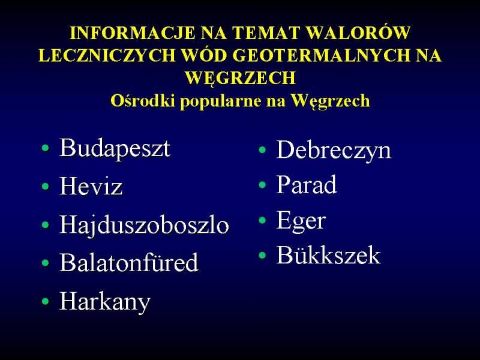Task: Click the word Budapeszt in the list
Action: coord(115,149)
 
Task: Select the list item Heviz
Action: coord(91,186)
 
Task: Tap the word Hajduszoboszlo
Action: coord(144,225)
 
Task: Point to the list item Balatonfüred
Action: coord(129,262)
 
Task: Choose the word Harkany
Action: coord(104,302)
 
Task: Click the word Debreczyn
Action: coord(334,150)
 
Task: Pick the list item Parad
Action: coord(307,184)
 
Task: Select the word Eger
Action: coord(301,221)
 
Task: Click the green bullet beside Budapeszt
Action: coord(46,148)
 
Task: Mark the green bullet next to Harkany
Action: coord(46,301)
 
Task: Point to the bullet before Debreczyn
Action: coord(262,149)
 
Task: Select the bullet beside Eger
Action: coord(262,220)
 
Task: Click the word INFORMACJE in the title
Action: coord(133,33)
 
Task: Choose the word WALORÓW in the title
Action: coord(358,33)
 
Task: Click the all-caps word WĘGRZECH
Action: coord(241,78)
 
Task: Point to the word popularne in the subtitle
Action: coord(220,101)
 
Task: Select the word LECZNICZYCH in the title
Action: coord(107,55)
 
